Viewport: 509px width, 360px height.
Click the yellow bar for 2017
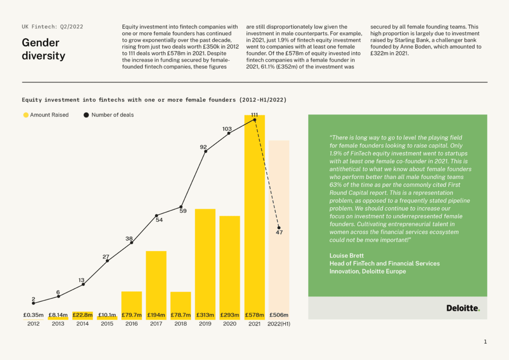[x=156, y=285]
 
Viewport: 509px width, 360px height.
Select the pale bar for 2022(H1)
[x=279, y=230]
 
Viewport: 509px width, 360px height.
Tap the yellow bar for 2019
[x=205, y=264]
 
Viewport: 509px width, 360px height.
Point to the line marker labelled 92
[x=205, y=151]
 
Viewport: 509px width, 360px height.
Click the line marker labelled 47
[x=279, y=228]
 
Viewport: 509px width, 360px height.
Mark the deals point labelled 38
[x=131, y=243]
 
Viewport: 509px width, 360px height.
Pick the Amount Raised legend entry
[x=46, y=115]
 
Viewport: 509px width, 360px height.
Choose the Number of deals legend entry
[x=109, y=115]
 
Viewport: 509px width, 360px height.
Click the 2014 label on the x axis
[x=83, y=324]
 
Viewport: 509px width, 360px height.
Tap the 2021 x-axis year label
[x=254, y=324]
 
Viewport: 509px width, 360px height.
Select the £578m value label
[x=254, y=315]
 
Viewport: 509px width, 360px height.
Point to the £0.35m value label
[x=33, y=315]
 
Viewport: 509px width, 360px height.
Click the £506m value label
[x=279, y=315]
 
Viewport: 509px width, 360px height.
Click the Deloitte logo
[x=463, y=308]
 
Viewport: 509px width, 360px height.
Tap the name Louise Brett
[x=346, y=256]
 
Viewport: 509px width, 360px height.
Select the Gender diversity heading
[x=44, y=49]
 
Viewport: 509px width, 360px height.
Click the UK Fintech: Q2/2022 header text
[x=53, y=27]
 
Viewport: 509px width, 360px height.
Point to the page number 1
[x=485, y=342]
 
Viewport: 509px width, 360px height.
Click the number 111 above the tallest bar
[x=254, y=115]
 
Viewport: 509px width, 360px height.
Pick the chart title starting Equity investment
[x=154, y=99]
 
